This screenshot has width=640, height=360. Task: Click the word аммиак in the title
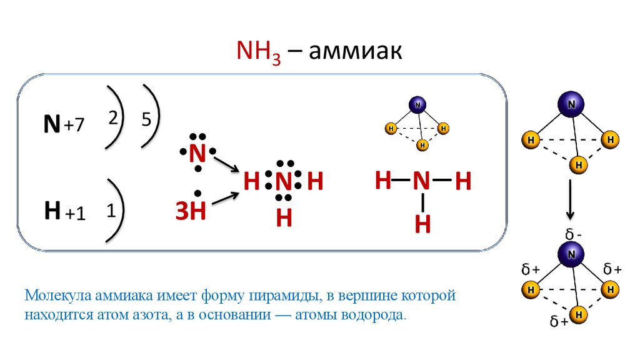354,52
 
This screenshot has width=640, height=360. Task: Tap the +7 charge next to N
72,126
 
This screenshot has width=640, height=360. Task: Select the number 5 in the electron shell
146,119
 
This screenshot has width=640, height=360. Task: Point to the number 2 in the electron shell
113,119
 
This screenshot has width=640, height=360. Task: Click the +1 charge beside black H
74,214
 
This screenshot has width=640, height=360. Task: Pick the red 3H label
190,212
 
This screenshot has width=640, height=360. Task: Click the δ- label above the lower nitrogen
574,234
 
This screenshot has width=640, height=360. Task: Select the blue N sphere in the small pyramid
417,104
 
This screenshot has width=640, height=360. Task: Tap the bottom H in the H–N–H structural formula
423,223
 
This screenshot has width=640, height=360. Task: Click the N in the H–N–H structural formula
421,182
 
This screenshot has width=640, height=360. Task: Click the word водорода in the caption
372,314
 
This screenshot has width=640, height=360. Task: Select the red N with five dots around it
197,152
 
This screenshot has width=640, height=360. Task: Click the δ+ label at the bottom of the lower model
558,322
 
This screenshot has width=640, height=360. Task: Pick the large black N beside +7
51,124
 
